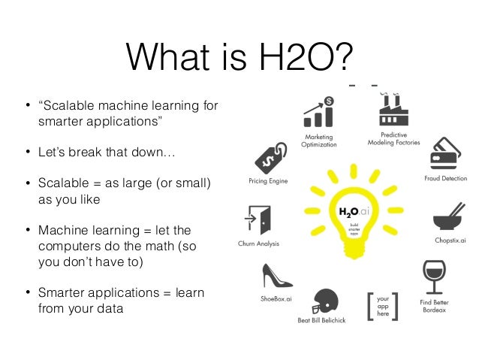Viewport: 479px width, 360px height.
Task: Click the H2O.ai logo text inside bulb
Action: point(352,213)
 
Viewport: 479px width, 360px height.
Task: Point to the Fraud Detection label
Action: point(445,179)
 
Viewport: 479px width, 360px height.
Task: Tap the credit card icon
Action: point(444,154)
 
